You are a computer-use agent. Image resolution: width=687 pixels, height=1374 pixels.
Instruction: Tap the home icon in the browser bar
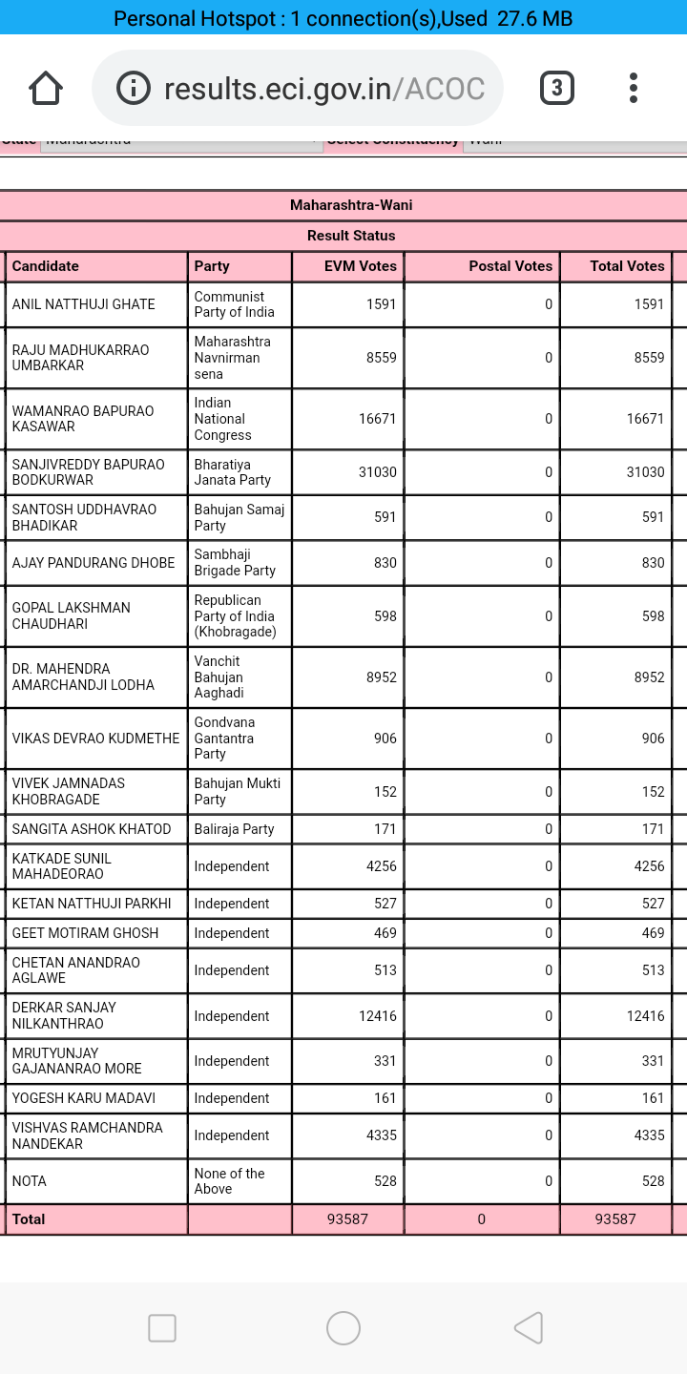coord(46,89)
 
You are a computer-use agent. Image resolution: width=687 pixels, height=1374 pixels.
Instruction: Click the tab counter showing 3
coord(557,89)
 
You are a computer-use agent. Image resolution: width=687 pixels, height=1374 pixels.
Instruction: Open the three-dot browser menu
coord(634,89)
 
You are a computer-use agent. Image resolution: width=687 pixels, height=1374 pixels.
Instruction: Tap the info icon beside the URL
coord(134,89)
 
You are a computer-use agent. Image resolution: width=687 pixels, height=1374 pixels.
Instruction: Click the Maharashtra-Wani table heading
coord(351,205)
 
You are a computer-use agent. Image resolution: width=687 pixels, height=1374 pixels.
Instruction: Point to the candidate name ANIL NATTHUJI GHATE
coord(83,304)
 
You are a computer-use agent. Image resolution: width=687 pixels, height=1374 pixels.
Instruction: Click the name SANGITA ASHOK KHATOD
coord(92,829)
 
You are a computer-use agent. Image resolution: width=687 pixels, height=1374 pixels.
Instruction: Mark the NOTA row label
coord(29,1181)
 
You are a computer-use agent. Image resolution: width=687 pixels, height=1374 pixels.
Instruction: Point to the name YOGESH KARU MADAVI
coord(84,1098)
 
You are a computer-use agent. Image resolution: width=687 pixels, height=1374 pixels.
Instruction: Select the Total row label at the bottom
coord(29,1219)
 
